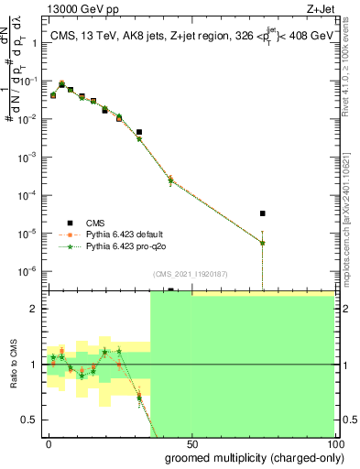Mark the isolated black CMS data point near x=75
(263, 213)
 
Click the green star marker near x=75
(263, 243)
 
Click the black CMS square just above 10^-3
(138, 132)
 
